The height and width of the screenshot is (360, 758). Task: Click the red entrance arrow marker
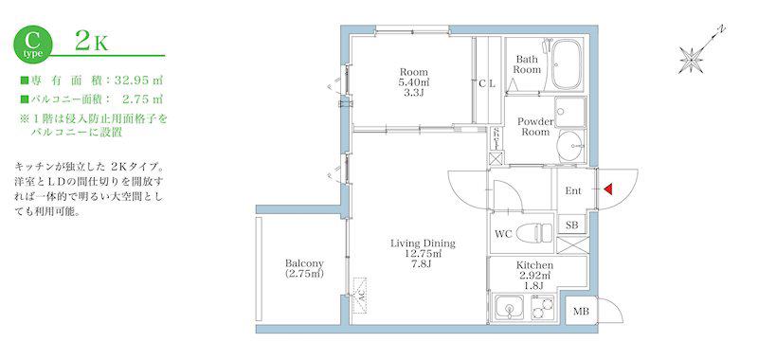coord(607,189)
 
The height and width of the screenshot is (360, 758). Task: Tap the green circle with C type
coord(31,44)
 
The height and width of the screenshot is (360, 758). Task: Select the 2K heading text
coord(91,43)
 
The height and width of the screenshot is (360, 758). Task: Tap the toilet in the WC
coord(534,233)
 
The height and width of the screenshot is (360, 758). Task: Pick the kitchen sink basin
coord(509,308)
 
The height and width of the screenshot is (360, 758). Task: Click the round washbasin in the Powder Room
coord(570,146)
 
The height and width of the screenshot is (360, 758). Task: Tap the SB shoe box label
coord(571,225)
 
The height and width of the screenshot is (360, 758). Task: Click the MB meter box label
coord(581,311)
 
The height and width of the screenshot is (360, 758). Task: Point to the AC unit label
coord(360,295)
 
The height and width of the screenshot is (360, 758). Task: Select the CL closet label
coord(487,83)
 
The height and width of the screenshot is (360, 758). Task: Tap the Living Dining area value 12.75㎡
coord(423,253)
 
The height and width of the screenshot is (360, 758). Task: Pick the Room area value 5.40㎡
coord(413,82)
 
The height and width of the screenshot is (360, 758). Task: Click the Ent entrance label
coord(573,190)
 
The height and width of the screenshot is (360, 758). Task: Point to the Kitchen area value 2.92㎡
coord(534,276)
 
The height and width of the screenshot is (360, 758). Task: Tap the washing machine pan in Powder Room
coord(570,112)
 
